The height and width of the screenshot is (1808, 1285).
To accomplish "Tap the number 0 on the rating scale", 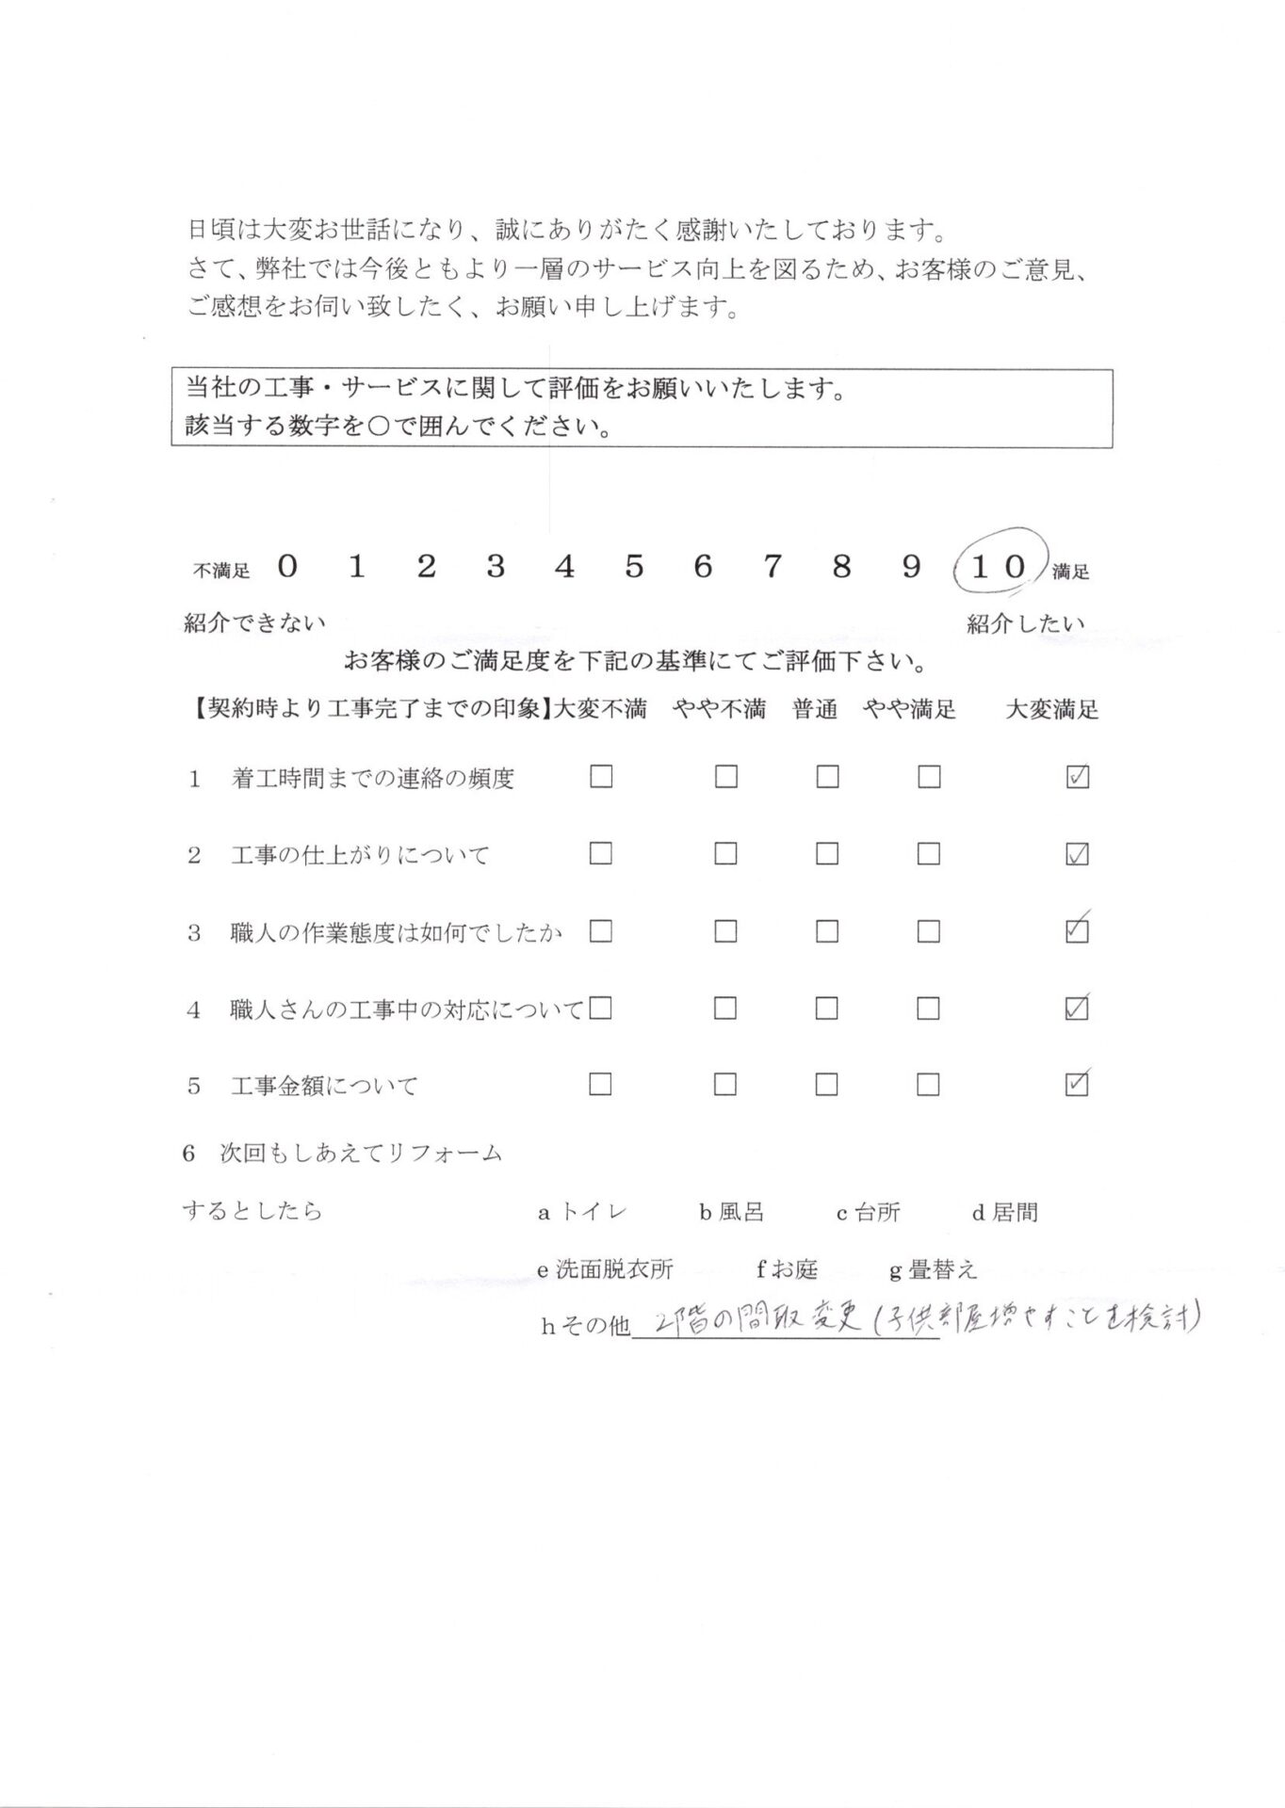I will (288, 566).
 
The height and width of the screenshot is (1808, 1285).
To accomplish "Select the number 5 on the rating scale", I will (634, 566).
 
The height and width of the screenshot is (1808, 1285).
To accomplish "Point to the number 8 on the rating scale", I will (841, 566).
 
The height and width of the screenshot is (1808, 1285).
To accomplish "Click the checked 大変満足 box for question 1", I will (1076, 777).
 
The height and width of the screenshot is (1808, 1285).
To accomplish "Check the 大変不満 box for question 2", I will (600, 854).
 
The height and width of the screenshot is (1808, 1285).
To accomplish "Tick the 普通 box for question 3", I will (827, 931).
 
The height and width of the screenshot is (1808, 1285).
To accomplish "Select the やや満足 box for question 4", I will (928, 1009).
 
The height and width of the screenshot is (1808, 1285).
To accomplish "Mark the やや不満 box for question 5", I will (724, 1085).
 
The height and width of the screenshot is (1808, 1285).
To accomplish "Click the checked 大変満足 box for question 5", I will (1076, 1085).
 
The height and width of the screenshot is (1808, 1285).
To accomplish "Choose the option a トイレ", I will (582, 1213).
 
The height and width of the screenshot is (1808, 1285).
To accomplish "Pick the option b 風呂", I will (731, 1213).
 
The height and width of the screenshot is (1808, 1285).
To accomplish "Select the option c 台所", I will (869, 1213).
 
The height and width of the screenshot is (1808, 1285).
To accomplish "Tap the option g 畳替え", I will (934, 1270).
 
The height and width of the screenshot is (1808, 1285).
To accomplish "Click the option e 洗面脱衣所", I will (605, 1270).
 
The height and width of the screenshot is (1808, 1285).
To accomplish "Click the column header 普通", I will (815, 710).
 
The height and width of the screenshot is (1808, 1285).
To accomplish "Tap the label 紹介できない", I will (254, 623).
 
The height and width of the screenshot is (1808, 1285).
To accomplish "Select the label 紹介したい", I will (1025, 623).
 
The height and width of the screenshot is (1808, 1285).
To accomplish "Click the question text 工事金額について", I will (324, 1086).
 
